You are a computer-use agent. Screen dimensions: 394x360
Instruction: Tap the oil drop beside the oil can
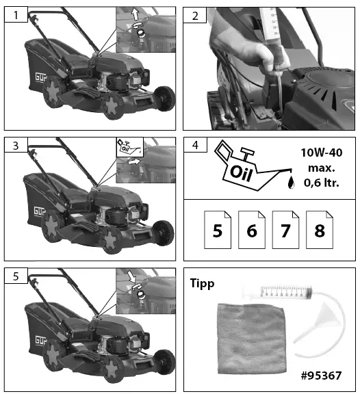[x=292, y=182]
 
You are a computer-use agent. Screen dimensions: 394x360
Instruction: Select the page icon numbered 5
[x=217, y=230]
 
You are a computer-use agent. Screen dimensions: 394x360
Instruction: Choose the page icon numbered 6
[x=251, y=230]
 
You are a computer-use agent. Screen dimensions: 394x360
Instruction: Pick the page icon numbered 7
[x=285, y=230]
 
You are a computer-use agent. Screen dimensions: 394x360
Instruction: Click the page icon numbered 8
[x=320, y=230]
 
